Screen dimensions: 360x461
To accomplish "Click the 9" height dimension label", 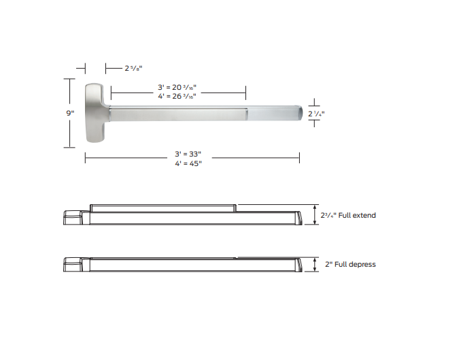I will [70, 113].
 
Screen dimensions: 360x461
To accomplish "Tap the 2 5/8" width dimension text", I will [133, 68].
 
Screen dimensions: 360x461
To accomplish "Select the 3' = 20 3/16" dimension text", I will [177, 88].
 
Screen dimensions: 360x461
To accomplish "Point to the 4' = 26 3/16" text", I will [177, 96].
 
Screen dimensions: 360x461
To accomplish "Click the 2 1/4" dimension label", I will [316, 114].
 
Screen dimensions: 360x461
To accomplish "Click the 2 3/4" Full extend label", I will [348, 215].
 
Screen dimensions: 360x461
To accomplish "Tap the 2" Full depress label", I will [349, 264].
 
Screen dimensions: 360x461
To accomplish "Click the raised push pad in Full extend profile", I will [163, 206].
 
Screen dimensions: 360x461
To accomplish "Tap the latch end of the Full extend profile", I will [72, 216].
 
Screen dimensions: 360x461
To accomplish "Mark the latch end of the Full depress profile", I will [72, 264].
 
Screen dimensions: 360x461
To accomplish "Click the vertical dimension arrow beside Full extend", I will [315, 214].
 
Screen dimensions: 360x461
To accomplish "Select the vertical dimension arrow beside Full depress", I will [315, 264].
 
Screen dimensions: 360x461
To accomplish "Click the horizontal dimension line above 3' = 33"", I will [192, 158].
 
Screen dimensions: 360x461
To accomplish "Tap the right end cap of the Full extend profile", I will [296, 216].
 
